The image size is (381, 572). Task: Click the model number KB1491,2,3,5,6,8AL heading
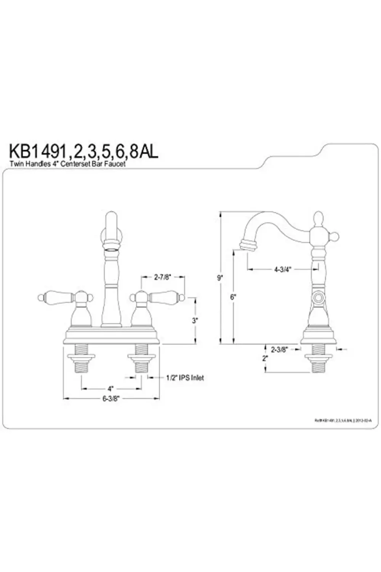point(83,151)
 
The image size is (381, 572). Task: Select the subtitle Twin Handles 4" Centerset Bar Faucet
point(67,164)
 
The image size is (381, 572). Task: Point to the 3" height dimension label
point(195,321)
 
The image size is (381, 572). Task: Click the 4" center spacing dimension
point(110,389)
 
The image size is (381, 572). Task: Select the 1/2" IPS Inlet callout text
point(185,378)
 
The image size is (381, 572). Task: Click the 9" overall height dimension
point(220,278)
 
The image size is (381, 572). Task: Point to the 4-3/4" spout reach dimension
point(282,269)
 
